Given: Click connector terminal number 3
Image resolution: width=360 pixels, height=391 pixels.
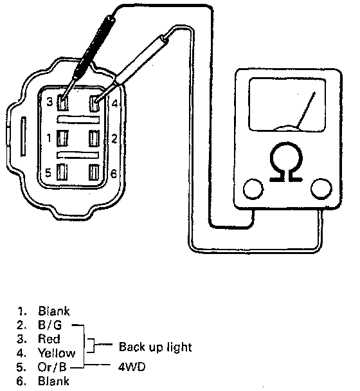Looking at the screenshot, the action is click(x=62, y=102).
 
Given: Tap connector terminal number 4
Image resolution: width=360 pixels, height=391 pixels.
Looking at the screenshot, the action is click(x=94, y=104).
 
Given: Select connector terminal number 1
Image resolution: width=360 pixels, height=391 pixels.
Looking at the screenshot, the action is click(x=62, y=138).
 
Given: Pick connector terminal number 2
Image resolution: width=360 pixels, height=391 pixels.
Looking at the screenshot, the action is click(x=94, y=138).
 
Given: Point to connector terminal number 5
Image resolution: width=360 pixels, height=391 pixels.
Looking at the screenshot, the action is click(x=62, y=172).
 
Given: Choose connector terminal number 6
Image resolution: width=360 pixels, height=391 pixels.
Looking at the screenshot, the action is click(x=94, y=172).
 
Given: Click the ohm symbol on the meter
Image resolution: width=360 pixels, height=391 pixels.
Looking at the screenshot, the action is click(x=286, y=161).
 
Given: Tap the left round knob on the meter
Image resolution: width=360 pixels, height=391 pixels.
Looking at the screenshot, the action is click(x=253, y=189).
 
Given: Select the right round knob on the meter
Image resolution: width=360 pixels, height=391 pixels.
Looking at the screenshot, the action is click(x=321, y=189).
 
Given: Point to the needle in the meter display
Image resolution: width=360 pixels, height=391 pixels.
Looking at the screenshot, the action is click(x=306, y=110).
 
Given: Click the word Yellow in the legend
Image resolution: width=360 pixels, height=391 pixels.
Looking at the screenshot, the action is click(x=57, y=353).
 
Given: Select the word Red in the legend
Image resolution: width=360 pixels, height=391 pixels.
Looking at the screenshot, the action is click(x=49, y=339).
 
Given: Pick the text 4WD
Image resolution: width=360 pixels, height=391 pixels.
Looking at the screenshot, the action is click(x=131, y=367).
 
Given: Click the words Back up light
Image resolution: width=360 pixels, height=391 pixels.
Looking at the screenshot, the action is click(x=156, y=347).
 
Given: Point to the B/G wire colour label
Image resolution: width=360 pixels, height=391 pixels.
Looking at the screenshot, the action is click(x=50, y=325).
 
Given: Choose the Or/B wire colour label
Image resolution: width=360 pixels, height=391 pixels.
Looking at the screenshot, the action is click(x=52, y=367).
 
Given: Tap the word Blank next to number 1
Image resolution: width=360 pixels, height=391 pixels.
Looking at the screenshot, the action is click(x=53, y=311).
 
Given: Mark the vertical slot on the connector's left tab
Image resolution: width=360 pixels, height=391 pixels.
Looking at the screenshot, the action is click(x=23, y=136).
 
